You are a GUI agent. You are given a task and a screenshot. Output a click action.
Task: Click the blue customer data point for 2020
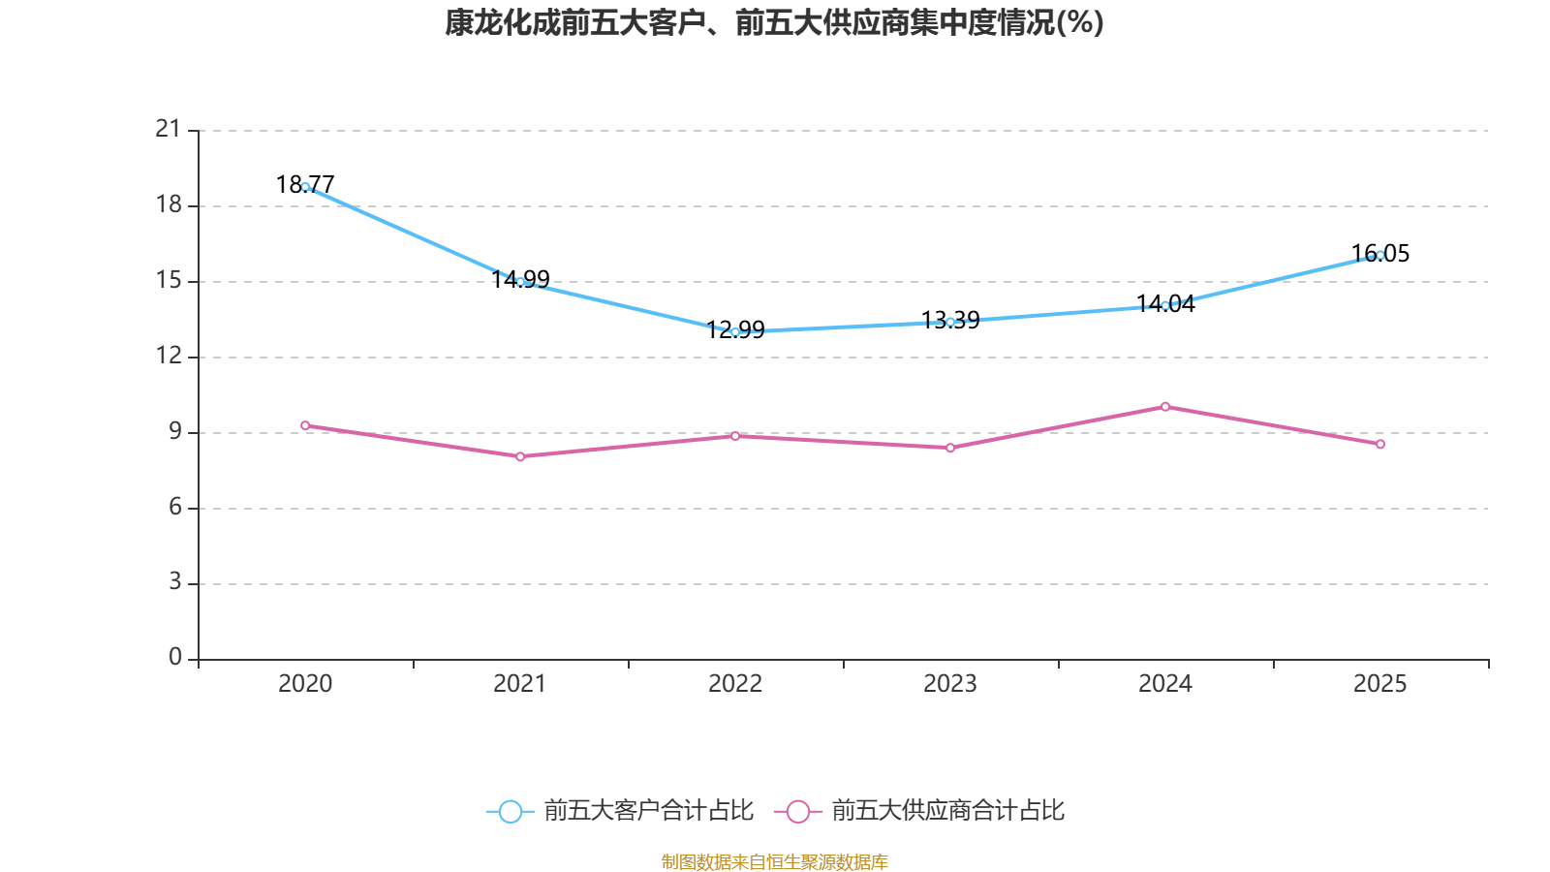(305, 187)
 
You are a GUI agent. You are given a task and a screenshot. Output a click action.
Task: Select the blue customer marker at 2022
(735, 332)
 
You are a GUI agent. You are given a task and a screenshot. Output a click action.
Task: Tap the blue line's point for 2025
(1380, 256)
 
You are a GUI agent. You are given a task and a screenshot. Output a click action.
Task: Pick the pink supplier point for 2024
(1165, 407)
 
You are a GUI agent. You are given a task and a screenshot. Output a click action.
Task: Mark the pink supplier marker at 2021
(520, 456)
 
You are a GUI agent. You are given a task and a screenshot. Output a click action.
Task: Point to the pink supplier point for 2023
(950, 448)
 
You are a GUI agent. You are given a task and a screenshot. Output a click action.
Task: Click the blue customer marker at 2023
(950, 322)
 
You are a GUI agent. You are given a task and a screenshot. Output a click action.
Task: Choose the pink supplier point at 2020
(305, 425)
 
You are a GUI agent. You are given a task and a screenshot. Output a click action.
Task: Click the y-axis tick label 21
(169, 129)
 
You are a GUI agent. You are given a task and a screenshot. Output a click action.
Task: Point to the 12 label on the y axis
(169, 356)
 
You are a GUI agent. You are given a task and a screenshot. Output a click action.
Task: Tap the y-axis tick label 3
(175, 582)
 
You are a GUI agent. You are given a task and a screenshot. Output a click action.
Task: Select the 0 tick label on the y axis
(175, 658)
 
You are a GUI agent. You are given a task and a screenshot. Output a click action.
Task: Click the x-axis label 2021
(520, 684)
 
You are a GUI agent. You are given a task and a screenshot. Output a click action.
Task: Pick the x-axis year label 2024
(1165, 684)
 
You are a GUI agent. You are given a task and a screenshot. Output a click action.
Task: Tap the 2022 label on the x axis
(735, 684)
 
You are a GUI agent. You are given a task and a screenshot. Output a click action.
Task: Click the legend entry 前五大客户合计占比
(648, 811)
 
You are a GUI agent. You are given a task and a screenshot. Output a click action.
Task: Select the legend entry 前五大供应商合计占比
(947, 811)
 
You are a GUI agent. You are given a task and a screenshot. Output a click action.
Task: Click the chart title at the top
(774, 22)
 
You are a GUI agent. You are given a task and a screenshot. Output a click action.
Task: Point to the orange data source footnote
(774, 861)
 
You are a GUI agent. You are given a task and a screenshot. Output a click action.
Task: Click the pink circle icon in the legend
(797, 811)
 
